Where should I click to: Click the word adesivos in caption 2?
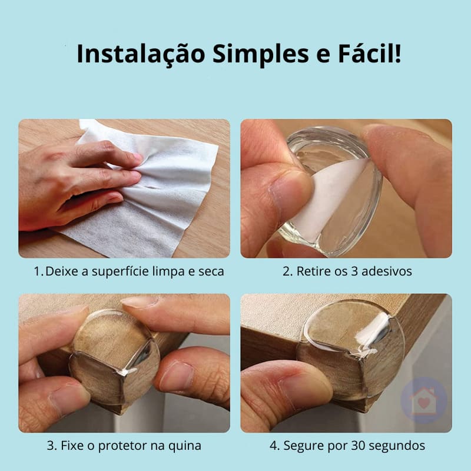389,272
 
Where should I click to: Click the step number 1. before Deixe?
38,272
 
